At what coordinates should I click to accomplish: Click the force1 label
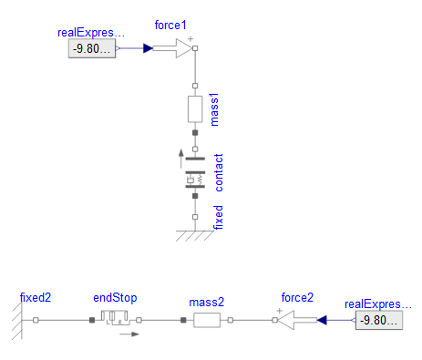pos(170,26)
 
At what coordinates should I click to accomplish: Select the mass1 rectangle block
pos(195,109)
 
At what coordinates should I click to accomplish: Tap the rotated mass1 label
pos(214,109)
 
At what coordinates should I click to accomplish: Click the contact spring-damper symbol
pos(195,180)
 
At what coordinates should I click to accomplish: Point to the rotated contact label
pos(219,172)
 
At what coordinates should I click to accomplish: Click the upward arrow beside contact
pos(181,159)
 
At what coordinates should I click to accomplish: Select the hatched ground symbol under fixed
pos(195,236)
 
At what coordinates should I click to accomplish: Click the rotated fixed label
pos(218,217)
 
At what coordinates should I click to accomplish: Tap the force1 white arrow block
pos(172,48)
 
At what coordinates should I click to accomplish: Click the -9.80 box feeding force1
pos(92,48)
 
